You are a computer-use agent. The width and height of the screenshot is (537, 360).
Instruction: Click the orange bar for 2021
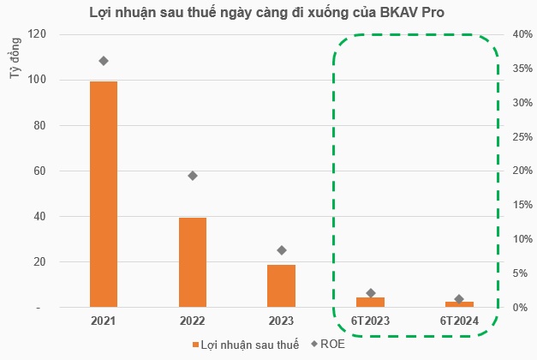click(104, 194)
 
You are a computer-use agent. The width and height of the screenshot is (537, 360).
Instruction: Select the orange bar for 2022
click(193, 262)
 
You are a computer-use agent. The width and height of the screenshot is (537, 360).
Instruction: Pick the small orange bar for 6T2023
click(370, 302)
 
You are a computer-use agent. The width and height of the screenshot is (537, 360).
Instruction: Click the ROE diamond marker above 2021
click(104, 61)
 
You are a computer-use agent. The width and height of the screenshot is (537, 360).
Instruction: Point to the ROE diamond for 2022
click(193, 176)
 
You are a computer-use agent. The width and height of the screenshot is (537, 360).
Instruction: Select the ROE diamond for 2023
click(282, 250)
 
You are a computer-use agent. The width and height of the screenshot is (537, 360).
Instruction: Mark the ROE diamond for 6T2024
click(459, 299)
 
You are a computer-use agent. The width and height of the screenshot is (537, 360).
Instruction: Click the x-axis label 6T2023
click(370, 321)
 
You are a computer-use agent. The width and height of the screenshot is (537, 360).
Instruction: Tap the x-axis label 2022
click(193, 321)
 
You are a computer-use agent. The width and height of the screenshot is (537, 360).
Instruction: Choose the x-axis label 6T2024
click(459, 321)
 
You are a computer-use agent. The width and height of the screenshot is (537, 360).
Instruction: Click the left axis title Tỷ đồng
click(15, 61)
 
